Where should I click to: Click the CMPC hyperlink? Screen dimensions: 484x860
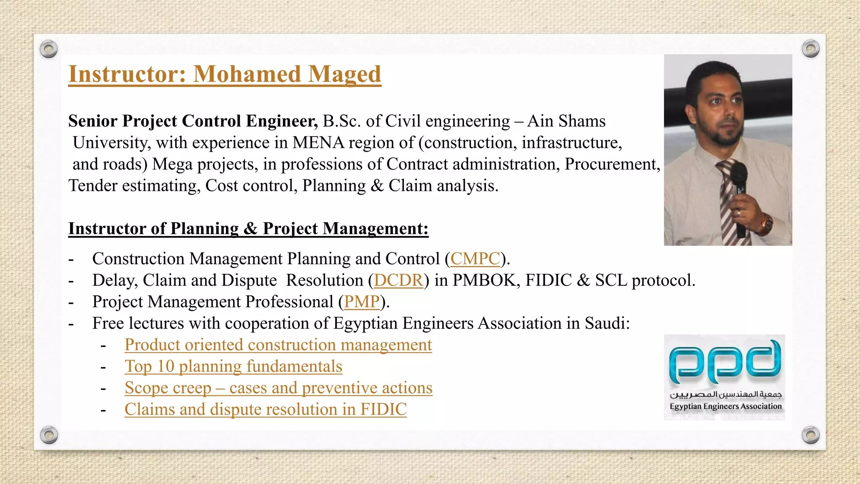(x=475, y=259)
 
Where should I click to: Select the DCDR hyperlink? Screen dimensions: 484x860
(x=399, y=280)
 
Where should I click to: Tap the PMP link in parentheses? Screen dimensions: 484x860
(x=362, y=302)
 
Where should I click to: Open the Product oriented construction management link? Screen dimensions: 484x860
(x=278, y=345)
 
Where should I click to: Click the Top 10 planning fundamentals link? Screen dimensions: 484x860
(x=233, y=366)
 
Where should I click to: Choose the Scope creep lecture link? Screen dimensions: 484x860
(x=278, y=388)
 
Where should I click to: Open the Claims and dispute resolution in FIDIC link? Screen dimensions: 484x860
(x=265, y=409)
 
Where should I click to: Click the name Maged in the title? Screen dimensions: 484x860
(x=344, y=74)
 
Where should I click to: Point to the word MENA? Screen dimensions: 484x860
(x=318, y=143)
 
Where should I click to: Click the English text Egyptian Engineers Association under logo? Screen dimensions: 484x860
(x=725, y=406)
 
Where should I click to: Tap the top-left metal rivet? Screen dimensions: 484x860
(x=49, y=50)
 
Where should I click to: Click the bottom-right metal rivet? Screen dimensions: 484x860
(x=810, y=435)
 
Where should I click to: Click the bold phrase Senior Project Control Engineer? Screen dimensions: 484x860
(x=193, y=121)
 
